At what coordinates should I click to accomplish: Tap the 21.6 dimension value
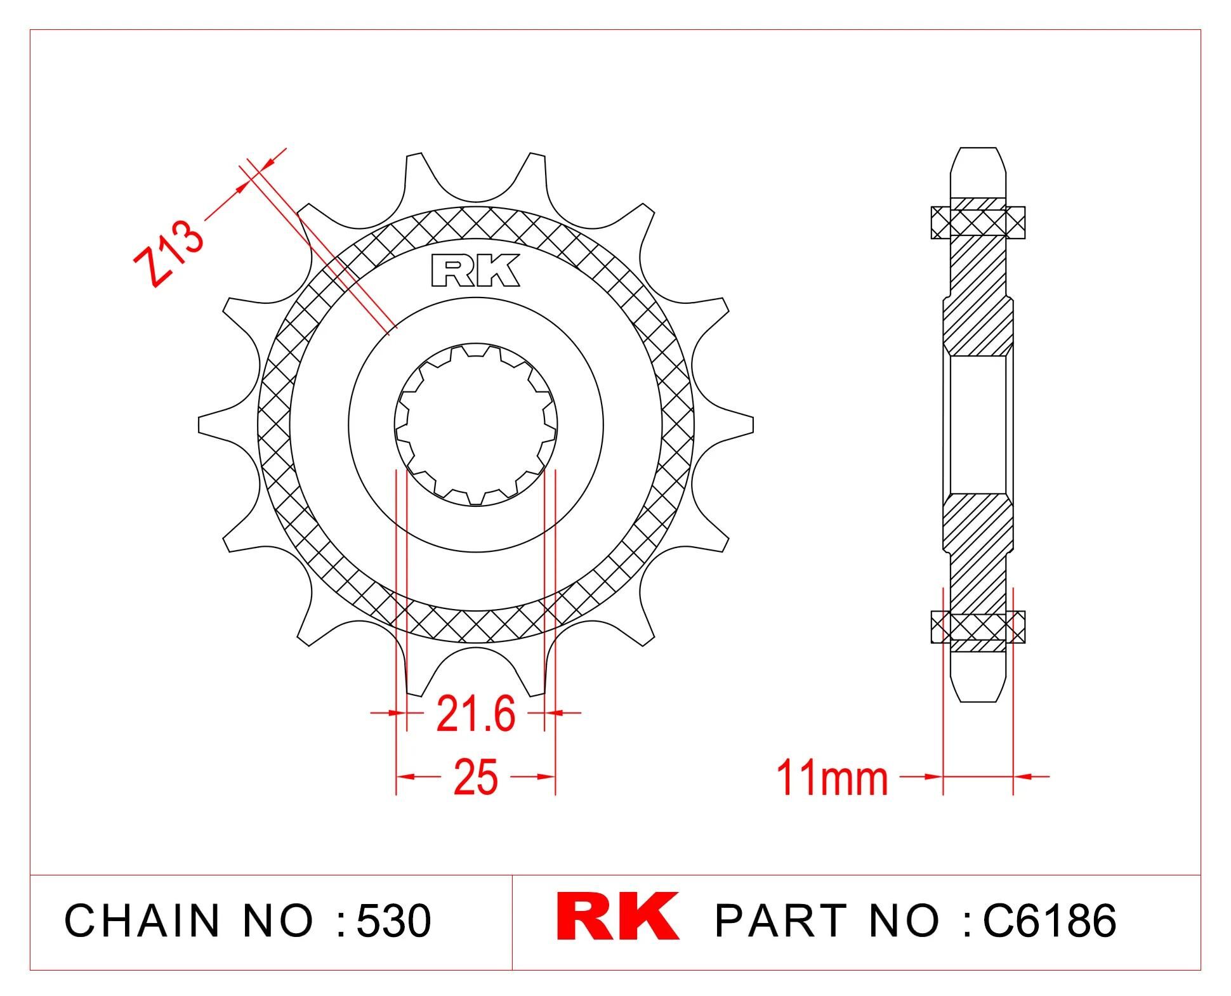[476, 714]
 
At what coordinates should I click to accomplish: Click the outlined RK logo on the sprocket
[475, 271]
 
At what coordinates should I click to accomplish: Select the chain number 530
[393, 921]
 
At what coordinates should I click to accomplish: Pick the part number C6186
[1049, 921]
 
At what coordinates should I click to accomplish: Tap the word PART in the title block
[780, 921]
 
